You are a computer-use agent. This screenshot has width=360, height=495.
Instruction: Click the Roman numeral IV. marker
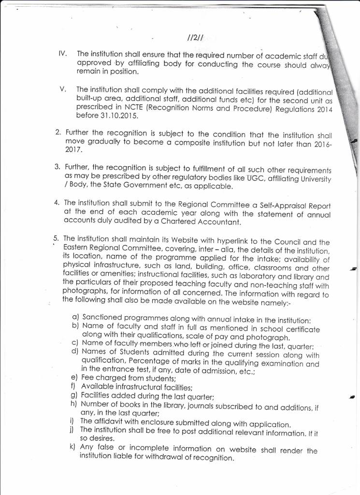click(62, 55)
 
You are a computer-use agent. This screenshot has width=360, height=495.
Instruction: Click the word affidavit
click(109, 422)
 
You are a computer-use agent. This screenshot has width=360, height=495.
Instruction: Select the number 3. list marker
click(57, 167)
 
